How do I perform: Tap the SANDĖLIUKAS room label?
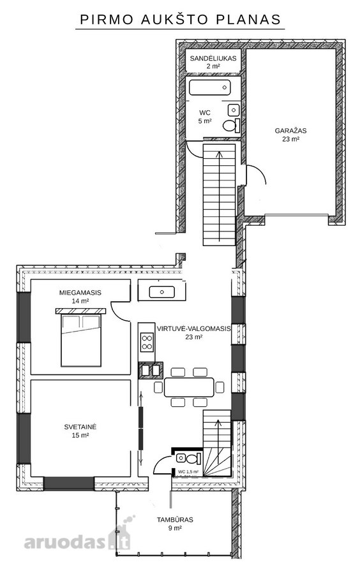point(213,58)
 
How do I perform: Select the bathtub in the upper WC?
point(210,87)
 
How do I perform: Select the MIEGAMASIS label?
point(80,293)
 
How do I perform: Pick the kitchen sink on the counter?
point(161,291)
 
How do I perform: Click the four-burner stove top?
point(147,342)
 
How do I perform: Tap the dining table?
point(189,387)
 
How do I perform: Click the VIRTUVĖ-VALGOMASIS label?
point(194,328)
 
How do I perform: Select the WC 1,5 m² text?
point(188,472)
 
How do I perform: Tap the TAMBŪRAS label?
point(175,519)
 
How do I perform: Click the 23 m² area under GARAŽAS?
point(291,139)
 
